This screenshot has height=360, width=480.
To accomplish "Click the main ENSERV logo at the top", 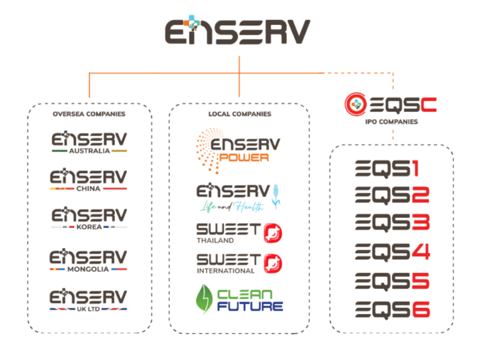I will pos(237,31).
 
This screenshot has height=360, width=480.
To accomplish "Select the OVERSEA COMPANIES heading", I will pos(89,114).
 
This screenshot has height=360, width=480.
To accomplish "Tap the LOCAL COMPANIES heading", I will pos(240,114).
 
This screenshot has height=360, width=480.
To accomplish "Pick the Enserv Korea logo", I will pos(89,218).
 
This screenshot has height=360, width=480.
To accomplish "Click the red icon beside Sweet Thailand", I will pos(273,232).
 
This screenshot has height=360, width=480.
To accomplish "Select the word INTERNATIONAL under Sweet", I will pos(225,271).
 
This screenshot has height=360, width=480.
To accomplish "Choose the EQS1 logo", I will pos(387,169).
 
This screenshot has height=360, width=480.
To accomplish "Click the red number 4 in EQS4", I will pos(420,252).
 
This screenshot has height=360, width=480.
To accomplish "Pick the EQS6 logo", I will pos(392,310).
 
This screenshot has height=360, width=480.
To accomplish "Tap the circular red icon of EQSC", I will pos(355,104).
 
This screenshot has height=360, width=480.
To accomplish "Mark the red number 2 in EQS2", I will pos(420,195).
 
